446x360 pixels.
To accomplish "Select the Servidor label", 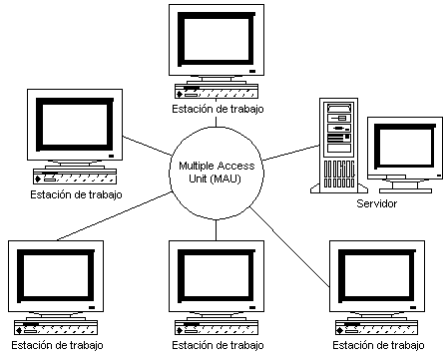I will point(376,203).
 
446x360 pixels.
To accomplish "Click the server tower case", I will point(338,145).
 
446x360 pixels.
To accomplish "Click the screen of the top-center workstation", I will point(217,40).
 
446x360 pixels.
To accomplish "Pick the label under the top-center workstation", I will point(218,108).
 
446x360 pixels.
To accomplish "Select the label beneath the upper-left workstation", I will point(76,193).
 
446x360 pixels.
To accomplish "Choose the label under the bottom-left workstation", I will point(54,346).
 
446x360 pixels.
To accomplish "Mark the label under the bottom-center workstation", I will point(218,346).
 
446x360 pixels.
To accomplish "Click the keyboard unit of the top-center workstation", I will point(218,89).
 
